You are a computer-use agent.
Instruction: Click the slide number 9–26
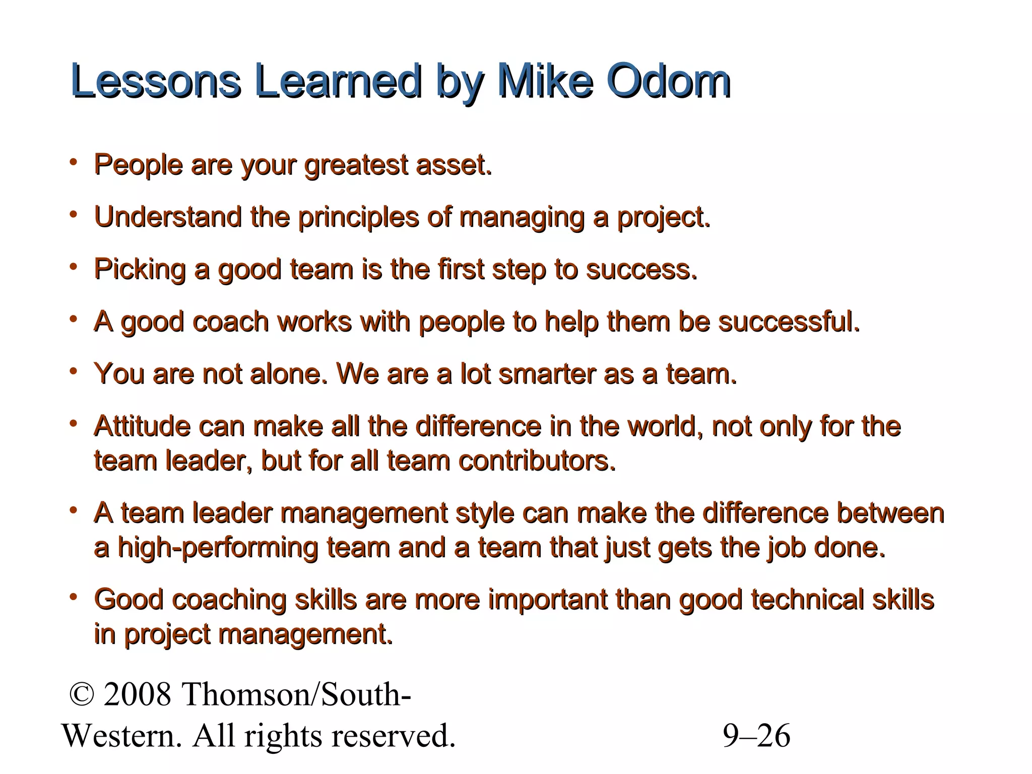coord(756,736)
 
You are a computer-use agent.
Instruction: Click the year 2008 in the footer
coord(138,694)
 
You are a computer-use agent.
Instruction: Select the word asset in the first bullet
coord(453,165)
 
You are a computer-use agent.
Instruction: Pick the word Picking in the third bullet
coord(140,270)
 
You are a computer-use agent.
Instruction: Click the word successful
coord(789,321)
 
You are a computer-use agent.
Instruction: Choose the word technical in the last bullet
coord(807,600)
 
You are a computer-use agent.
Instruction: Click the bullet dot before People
coord(74,162)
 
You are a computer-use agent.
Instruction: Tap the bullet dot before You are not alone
coord(74,371)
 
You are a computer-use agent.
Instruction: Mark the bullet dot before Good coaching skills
coord(74,597)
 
